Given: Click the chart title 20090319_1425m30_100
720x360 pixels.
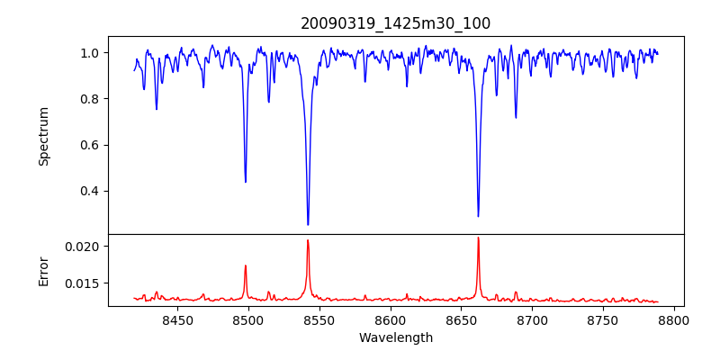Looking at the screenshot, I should pyautogui.click(x=395, y=23).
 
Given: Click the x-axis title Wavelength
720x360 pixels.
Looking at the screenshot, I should pyautogui.click(x=395, y=337).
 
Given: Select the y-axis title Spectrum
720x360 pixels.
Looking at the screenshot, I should pyautogui.click(x=43, y=136).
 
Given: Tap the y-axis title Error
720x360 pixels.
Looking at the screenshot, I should pyautogui.click(x=43, y=271).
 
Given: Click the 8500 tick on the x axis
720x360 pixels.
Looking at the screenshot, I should pyautogui.click(x=247, y=319).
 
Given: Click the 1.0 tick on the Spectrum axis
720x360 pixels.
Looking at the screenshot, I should pyautogui.click(x=90, y=53).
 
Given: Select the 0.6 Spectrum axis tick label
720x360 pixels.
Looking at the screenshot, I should pyautogui.click(x=90, y=145).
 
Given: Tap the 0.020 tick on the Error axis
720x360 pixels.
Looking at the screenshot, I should pyautogui.click(x=83, y=246).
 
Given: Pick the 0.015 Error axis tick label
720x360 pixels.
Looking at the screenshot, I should pyautogui.click(x=83, y=283).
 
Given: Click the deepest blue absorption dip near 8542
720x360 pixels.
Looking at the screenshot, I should pyautogui.click(x=308, y=224).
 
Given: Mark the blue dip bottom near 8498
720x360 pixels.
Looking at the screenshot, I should pyautogui.click(x=246, y=182).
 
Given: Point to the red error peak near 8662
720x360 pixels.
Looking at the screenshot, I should pyautogui.click(x=478, y=238).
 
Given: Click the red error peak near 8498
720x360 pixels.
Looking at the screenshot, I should pyautogui.click(x=246, y=265).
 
